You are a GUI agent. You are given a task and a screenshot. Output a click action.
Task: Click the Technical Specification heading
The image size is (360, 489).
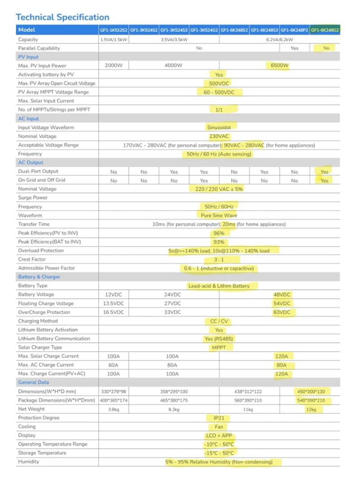tap(62, 17)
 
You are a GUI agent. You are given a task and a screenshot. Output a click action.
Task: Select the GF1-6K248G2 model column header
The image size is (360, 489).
tap(325, 30)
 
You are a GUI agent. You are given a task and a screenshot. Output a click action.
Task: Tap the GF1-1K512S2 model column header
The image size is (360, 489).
tap(114, 30)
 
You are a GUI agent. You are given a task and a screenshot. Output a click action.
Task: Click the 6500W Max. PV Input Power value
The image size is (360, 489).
tap(279, 65)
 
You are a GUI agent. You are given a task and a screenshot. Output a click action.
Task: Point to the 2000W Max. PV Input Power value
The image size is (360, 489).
tap(114, 65)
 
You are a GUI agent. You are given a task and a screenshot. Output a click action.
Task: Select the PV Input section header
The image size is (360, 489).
tap(28, 57)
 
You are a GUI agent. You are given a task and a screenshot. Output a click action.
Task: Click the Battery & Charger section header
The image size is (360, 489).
tap(39, 277)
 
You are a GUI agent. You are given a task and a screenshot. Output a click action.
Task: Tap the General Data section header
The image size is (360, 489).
tap(34, 382)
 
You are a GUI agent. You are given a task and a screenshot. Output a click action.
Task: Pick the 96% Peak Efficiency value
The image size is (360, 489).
tap(219, 233)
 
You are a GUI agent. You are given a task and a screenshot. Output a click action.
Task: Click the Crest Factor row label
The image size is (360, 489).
tap(30, 259)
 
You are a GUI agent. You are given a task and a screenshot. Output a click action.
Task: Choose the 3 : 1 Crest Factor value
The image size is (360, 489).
tap(219, 260)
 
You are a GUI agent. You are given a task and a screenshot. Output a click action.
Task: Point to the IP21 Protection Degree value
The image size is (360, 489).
tap(219, 418)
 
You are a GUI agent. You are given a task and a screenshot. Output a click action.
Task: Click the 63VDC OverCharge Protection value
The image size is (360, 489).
tap(282, 312)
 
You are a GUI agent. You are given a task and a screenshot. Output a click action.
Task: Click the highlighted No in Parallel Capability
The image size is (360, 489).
tap(326, 48)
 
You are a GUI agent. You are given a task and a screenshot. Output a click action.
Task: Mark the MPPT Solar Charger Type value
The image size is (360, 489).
tap(219, 347)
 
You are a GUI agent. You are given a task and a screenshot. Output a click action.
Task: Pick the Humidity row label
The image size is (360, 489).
tap(28, 462)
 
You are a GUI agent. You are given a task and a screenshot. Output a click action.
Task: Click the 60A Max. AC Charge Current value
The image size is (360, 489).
tap(114, 365)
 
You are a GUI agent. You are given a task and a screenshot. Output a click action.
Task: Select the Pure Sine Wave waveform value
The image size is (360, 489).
tap(219, 215)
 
